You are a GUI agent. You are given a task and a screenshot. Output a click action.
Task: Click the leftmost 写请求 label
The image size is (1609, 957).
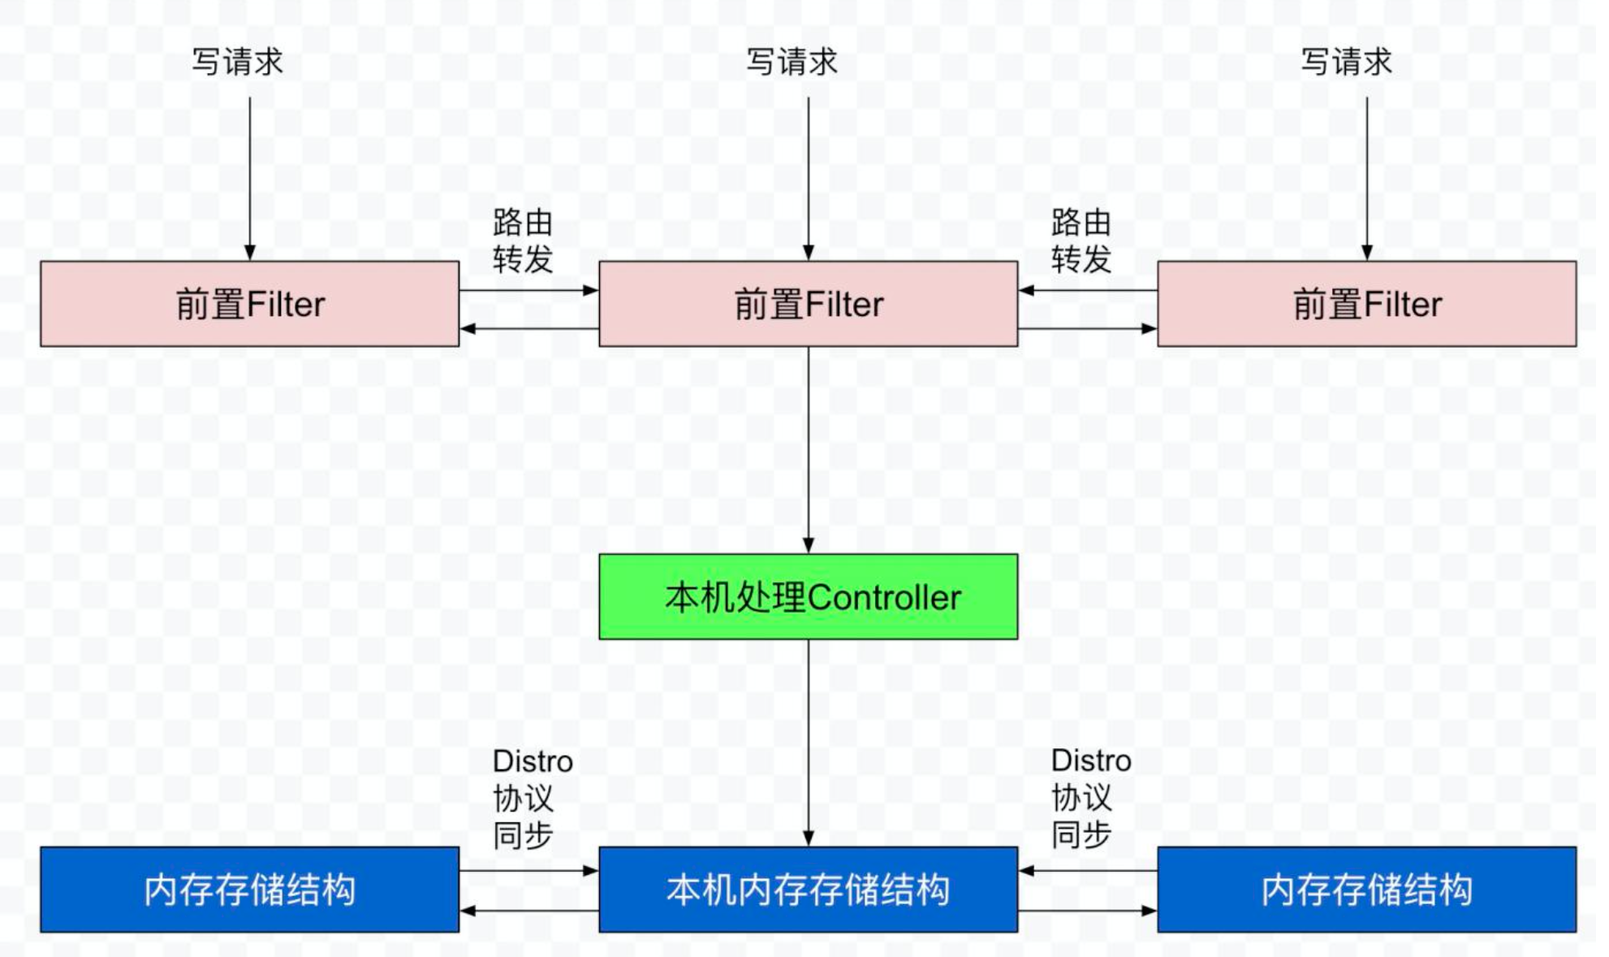(237, 62)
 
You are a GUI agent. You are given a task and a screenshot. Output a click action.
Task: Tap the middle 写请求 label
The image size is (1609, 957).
(792, 62)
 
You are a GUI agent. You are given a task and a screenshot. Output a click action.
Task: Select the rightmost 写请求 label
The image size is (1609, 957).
(1346, 62)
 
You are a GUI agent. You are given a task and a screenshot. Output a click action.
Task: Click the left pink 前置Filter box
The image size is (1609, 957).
(249, 304)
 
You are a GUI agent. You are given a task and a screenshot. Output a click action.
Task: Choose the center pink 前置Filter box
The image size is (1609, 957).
(808, 304)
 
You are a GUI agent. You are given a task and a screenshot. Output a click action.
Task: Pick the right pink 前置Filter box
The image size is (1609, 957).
(1366, 304)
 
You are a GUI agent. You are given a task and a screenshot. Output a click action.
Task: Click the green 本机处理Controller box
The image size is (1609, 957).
(808, 597)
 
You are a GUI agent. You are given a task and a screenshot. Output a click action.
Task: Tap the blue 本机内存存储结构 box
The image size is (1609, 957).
(808, 890)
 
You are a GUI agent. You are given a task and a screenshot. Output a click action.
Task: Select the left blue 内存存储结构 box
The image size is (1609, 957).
(249, 890)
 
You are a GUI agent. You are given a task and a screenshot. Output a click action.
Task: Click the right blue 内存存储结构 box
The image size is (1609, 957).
(1366, 890)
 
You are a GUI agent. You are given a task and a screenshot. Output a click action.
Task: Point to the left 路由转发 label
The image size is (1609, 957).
(522, 240)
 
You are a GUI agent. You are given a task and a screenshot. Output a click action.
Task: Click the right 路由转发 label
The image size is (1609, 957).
(1081, 240)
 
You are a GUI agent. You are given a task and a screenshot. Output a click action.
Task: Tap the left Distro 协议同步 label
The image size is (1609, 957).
(532, 799)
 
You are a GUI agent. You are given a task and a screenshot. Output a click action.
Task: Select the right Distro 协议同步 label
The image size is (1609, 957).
(1090, 799)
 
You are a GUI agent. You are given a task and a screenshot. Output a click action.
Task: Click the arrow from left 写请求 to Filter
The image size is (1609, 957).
(250, 179)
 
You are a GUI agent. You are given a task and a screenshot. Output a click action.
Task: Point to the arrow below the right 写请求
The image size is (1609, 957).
(1367, 179)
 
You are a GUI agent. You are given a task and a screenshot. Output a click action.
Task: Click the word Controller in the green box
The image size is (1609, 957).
(885, 598)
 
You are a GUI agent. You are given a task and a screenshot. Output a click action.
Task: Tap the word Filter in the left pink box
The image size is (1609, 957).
(285, 305)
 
